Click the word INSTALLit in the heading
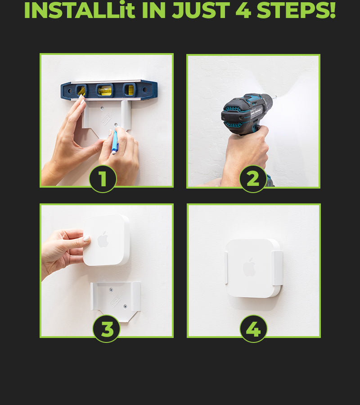coord(80,10)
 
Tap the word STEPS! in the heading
coord(296,10)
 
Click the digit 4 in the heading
coord(243,10)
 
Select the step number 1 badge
coord(103,179)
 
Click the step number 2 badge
coord(253,179)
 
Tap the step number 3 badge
coord(106,329)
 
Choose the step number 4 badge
coord(253,329)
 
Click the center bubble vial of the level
coord(104,90)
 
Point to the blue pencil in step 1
coord(115,142)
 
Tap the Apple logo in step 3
coord(103,239)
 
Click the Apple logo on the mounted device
coord(249,267)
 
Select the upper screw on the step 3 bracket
coord(111,290)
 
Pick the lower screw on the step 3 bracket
coord(125,306)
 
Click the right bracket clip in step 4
coord(277,268)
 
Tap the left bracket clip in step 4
coord(226,268)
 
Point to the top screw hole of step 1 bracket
coord(103,108)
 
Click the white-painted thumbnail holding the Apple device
coord(86,239)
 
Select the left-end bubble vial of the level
coord(81,90)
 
